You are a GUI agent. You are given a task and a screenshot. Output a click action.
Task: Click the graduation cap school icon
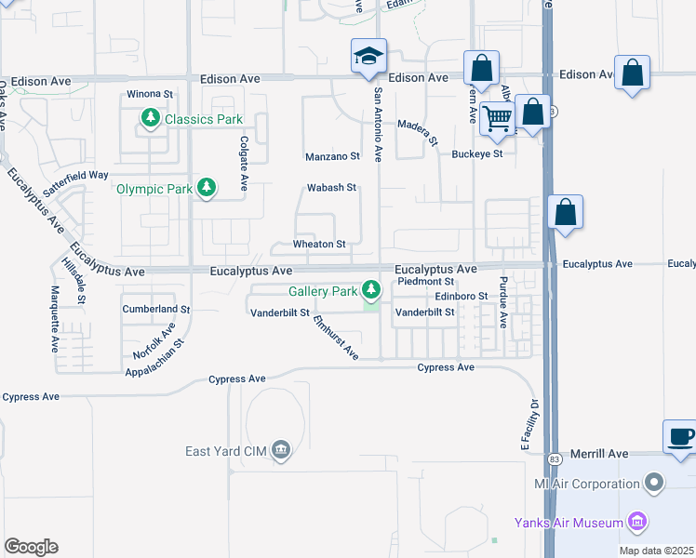pos(368,57)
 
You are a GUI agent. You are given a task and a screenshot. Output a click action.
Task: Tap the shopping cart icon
pos(498,117)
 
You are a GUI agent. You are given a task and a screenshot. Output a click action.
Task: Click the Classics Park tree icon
pos(150,118)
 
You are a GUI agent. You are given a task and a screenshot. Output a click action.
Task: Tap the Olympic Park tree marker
pos(207,189)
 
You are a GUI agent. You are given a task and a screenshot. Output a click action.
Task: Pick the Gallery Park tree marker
pos(371,291)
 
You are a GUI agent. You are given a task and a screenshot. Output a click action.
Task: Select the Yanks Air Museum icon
pos(637,523)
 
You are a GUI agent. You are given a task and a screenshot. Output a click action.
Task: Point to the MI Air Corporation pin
pos(655,484)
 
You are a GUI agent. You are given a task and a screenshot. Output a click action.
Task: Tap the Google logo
pos(31,547)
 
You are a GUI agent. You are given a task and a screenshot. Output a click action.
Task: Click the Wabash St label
pos(332,188)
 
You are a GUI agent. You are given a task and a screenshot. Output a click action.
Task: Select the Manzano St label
pos(332,156)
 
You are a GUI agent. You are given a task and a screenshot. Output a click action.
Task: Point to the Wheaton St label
pos(319,245)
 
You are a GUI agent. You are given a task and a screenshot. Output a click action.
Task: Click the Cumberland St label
pos(155,309)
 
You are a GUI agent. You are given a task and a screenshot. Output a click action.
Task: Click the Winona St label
pos(150,94)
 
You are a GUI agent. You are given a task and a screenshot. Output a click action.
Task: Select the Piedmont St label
pos(424,281)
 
